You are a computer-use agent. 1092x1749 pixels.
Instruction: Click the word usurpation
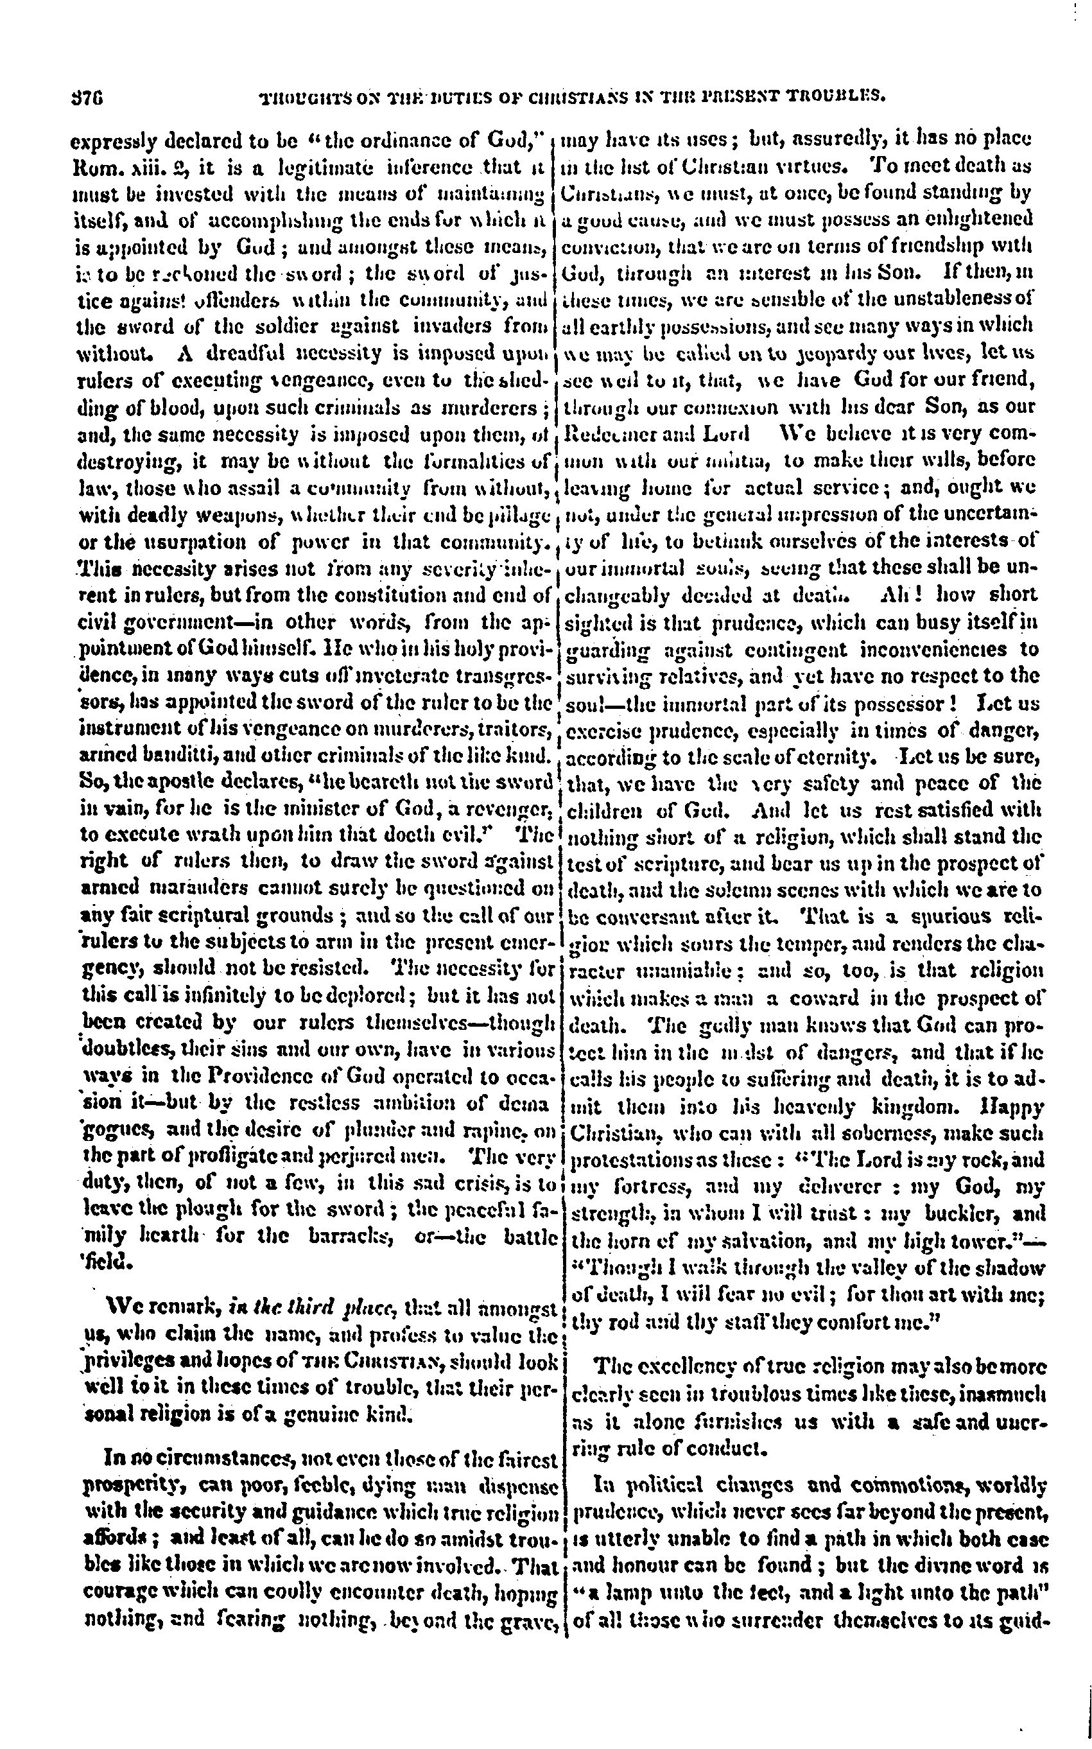[186, 543]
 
